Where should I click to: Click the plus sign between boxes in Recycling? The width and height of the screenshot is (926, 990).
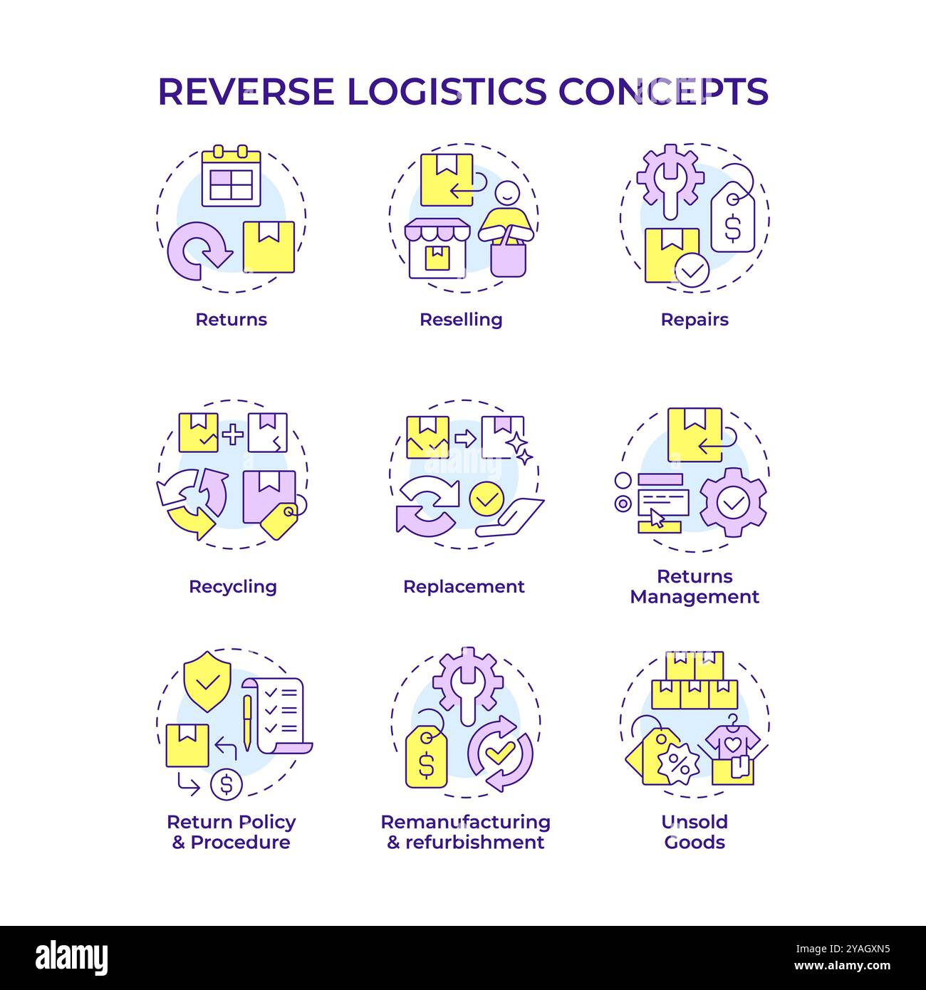232,434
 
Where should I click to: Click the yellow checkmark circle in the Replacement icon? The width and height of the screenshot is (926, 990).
486,499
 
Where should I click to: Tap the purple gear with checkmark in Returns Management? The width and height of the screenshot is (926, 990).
733,503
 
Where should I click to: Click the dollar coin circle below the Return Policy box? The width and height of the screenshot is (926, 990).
227,785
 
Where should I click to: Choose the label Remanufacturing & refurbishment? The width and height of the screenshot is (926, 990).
465,832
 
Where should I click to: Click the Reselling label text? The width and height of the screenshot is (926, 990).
461,319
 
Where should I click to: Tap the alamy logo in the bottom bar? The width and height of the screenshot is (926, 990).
71,957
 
